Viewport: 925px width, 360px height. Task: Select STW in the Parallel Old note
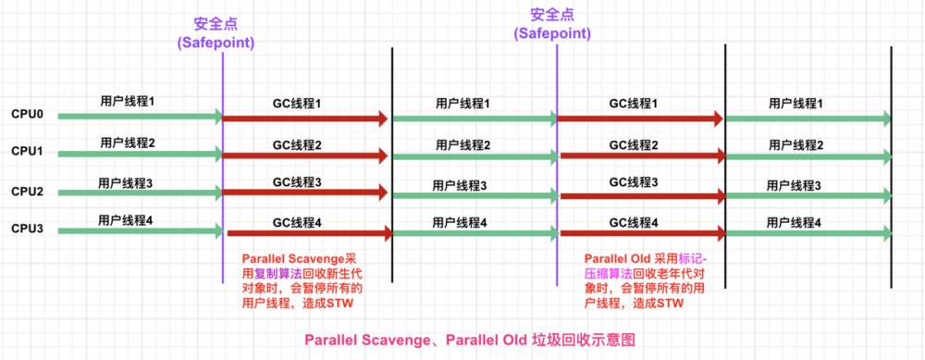click(x=667, y=303)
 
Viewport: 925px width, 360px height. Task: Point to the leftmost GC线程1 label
click(x=297, y=104)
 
